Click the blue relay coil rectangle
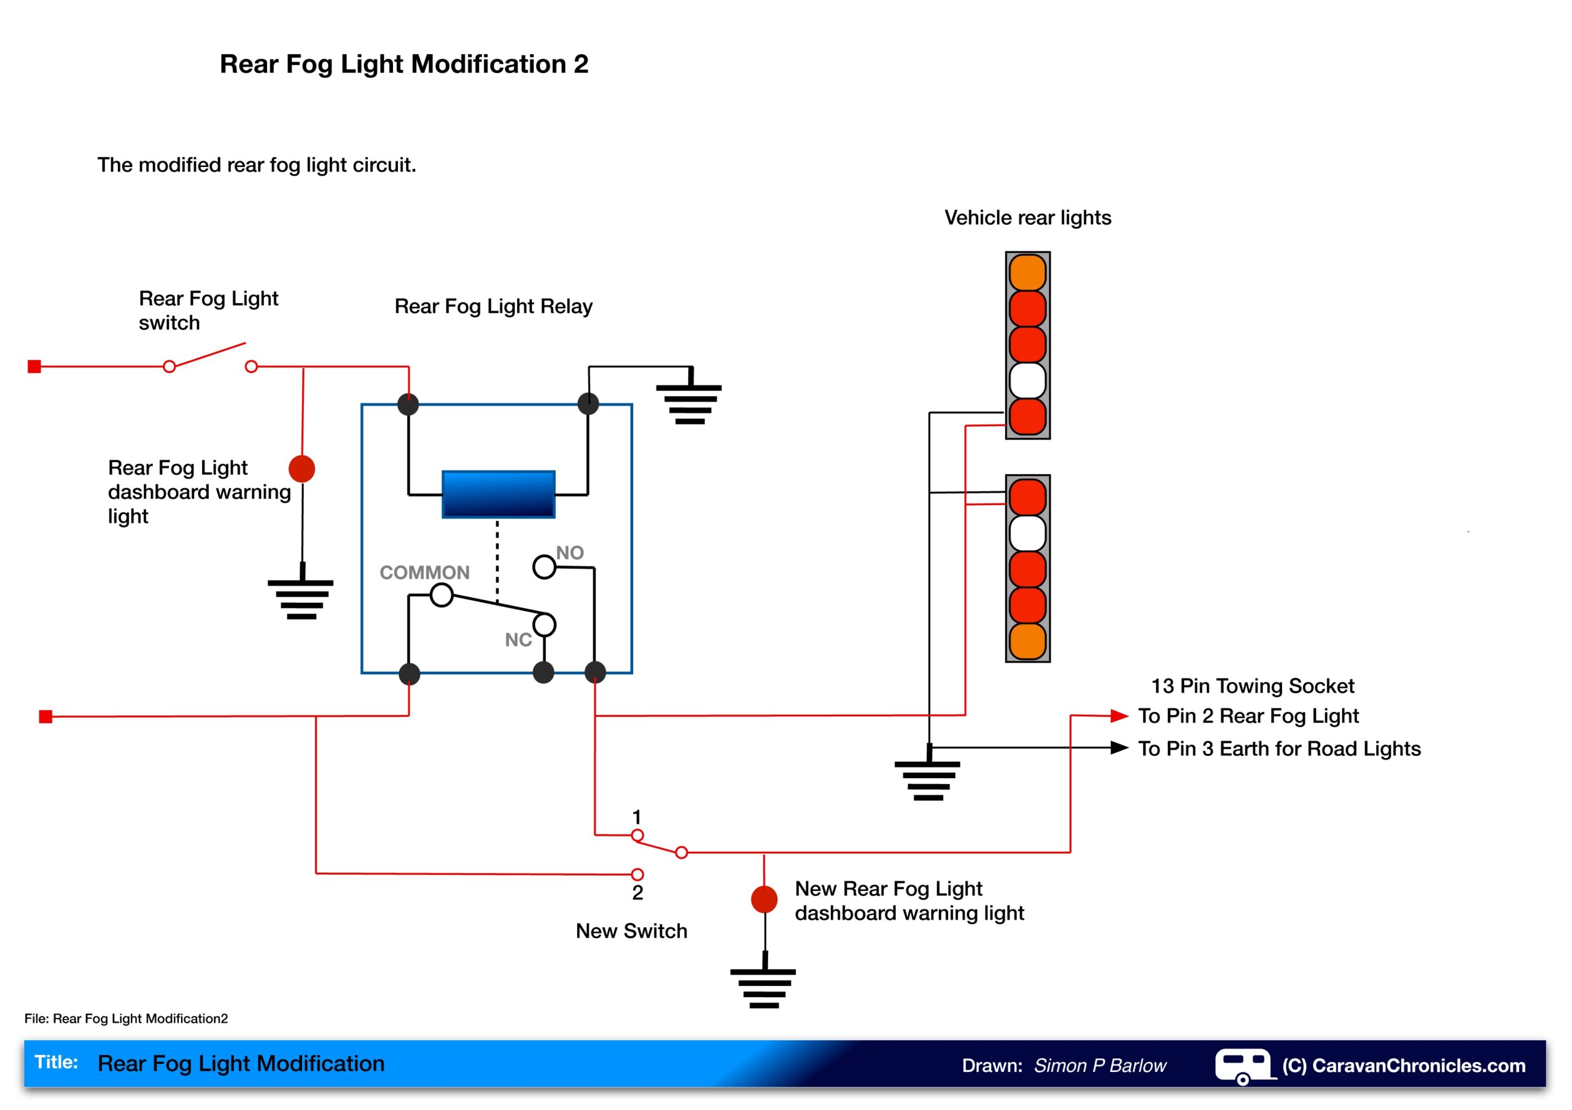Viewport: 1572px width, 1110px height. [x=499, y=494]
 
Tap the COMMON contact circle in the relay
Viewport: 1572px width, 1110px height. [x=442, y=595]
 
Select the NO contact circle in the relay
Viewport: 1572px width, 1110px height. [x=544, y=566]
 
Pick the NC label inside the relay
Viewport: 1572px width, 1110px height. [x=518, y=640]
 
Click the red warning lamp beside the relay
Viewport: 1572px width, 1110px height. [x=302, y=469]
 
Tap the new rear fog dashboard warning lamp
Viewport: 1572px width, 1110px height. [x=764, y=899]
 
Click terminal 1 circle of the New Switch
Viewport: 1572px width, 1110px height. [x=637, y=835]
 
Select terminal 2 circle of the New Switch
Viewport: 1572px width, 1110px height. [x=637, y=874]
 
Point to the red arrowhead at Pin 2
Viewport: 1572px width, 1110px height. [x=1119, y=716]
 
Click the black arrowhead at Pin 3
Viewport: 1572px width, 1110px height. [x=1119, y=747]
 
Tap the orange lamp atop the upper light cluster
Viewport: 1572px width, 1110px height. [x=1028, y=272]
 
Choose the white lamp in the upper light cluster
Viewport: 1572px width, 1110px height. [x=1028, y=380]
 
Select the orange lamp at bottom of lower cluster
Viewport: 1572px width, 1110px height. [x=1028, y=641]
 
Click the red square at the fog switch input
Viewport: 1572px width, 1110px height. [x=34, y=367]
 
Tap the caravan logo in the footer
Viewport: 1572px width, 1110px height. [x=1243, y=1066]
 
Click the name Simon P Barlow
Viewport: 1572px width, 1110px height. [x=1100, y=1066]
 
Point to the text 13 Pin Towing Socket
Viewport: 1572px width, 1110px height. [x=1252, y=686]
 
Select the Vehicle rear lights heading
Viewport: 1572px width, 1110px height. [x=1028, y=218]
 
